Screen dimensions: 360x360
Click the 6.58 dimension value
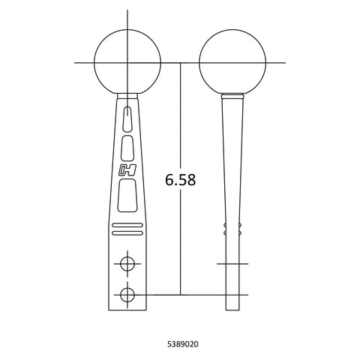180,180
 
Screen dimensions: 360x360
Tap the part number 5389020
183,344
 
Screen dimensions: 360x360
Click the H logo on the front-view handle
127,170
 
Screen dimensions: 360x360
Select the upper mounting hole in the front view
127,264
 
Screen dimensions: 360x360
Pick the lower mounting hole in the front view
127,295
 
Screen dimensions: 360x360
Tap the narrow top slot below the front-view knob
127,118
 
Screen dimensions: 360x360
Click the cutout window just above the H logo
127,148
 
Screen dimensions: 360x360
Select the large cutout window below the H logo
127,196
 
